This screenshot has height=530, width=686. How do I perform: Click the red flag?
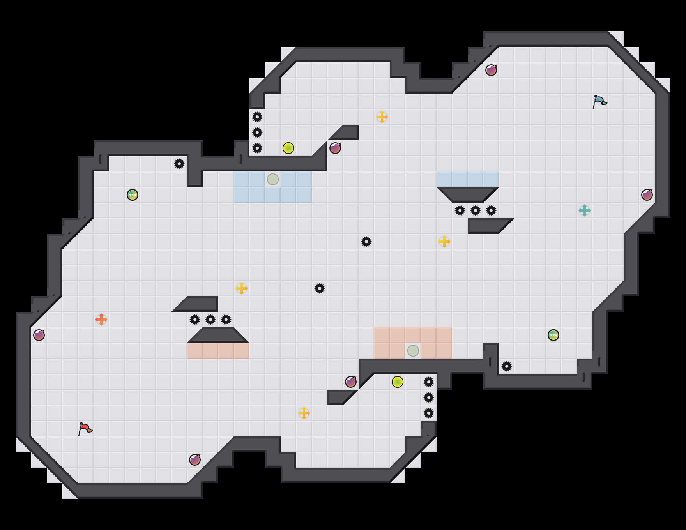(85, 429)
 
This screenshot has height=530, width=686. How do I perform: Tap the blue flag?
(599, 101)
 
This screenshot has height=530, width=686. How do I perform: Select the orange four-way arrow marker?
(101, 320)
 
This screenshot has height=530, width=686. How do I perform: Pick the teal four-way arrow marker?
(585, 210)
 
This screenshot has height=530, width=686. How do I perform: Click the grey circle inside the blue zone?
(273, 179)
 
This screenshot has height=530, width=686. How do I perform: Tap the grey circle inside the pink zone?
(413, 351)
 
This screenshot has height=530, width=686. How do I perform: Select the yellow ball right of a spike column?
(288, 148)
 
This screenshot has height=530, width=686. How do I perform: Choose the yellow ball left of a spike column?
(398, 382)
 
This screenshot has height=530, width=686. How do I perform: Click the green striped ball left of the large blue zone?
(133, 195)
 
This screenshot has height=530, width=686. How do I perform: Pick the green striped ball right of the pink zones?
(553, 335)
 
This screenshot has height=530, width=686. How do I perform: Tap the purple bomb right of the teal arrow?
(647, 195)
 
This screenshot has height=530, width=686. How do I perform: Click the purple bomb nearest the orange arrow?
(39, 335)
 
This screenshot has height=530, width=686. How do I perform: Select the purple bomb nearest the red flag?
(195, 460)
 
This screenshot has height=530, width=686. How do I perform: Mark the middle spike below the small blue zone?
(476, 210)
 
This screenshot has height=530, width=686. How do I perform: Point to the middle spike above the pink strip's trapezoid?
(210, 320)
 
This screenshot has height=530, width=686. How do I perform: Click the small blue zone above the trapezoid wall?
(468, 179)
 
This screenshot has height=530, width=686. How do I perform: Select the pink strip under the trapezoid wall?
(218, 351)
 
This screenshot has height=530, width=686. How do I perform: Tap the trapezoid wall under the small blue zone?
(468, 194)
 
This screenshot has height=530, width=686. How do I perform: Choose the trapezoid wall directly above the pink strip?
(218, 335)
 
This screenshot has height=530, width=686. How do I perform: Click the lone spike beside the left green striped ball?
(179, 164)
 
